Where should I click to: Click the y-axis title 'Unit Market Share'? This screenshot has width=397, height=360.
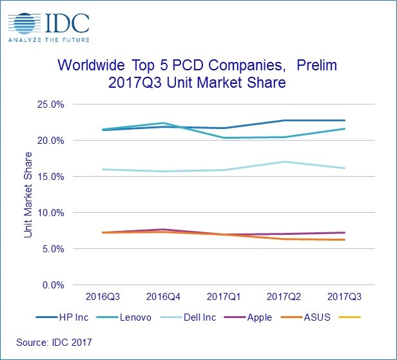[x=28, y=194]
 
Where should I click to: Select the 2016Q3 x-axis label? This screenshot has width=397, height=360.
[x=102, y=298]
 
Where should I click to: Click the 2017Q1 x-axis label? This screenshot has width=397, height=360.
[x=224, y=298]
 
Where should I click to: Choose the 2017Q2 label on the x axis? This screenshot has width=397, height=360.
[x=284, y=298]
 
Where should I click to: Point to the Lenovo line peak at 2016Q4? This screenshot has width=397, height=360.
[x=163, y=123]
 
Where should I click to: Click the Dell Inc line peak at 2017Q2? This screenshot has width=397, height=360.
[x=284, y=162]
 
